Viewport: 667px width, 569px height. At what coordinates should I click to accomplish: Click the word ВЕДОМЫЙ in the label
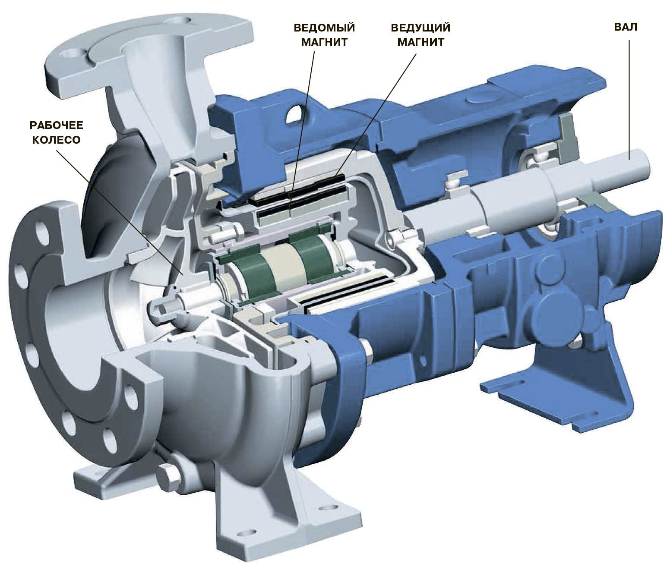324,28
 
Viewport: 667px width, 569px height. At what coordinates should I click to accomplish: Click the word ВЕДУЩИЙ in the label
420,28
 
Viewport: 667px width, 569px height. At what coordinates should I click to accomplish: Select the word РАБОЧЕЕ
57,125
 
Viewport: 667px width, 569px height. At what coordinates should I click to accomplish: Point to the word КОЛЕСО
56,140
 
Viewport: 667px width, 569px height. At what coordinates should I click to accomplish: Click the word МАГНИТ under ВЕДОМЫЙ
324,42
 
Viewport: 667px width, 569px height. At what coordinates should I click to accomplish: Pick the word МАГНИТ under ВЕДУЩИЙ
420,42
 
